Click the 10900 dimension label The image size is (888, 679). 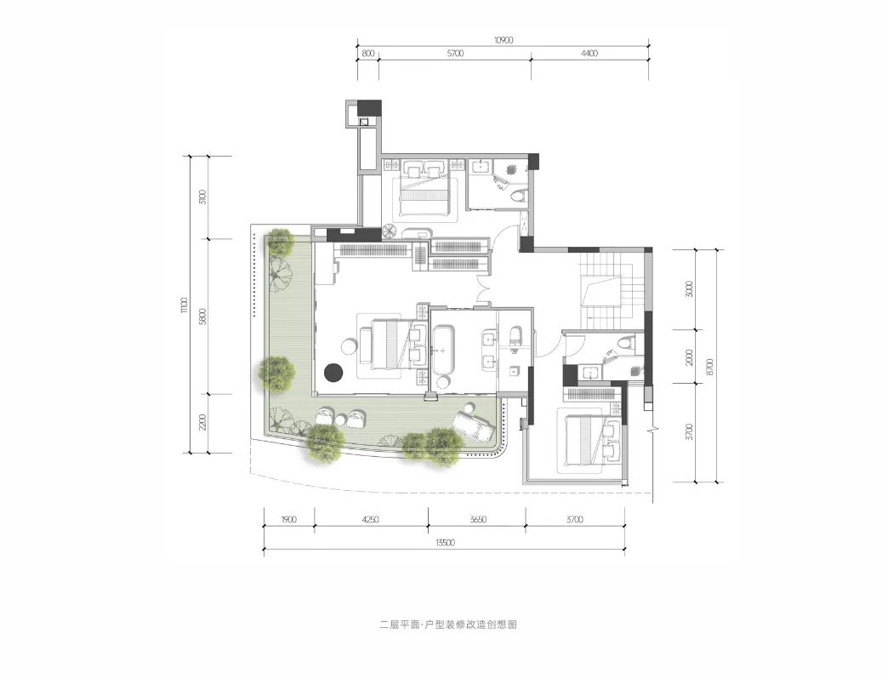[503, 40]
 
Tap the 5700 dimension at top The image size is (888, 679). [455, 54]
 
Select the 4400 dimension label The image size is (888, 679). [589, 54]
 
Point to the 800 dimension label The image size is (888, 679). [367, 54]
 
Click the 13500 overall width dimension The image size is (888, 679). [445, 543]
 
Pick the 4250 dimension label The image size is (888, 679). [370, 519]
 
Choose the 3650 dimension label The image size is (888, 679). [479, 519]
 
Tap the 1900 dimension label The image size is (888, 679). [288, 519]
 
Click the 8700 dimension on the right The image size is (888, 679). [710, 366]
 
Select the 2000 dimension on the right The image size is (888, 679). [689, 357]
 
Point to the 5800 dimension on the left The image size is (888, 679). [202, 316]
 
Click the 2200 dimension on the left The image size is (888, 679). [202, 422]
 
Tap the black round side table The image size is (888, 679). [334, 372]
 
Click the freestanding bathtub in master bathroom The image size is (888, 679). [442, 350]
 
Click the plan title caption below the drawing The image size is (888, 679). [448, 625]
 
